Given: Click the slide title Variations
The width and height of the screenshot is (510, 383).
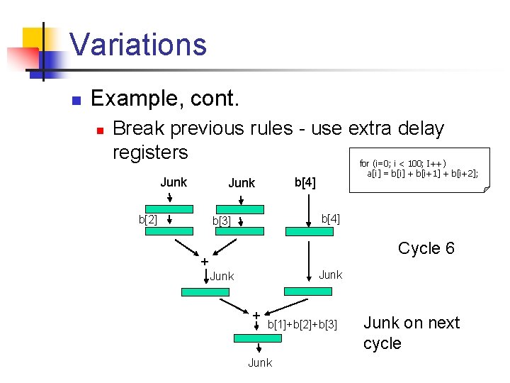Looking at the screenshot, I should pos(138,44).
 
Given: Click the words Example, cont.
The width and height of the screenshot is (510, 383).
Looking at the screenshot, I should pos(165,99).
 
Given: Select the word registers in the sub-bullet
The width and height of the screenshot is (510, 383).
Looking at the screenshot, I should pos(150,152).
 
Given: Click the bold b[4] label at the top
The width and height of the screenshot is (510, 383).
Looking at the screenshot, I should pos(305,183).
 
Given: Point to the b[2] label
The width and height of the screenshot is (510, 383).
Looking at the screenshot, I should pos(148,219).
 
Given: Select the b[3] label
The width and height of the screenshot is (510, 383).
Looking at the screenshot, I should pos(222,221).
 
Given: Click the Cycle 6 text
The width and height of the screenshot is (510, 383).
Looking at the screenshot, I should pos(426,248).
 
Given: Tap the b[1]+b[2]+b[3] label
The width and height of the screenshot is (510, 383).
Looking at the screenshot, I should pos(306,325).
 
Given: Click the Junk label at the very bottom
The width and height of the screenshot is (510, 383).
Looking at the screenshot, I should pos(259,362).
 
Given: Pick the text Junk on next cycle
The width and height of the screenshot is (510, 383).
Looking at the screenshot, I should pos(411,333).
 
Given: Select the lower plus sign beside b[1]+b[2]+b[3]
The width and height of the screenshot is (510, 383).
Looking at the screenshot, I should pos(256,315).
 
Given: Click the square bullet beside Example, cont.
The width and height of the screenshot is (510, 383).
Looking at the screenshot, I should pos(76,100).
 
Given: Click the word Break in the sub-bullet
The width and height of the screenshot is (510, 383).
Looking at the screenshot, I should pos(137,128).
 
